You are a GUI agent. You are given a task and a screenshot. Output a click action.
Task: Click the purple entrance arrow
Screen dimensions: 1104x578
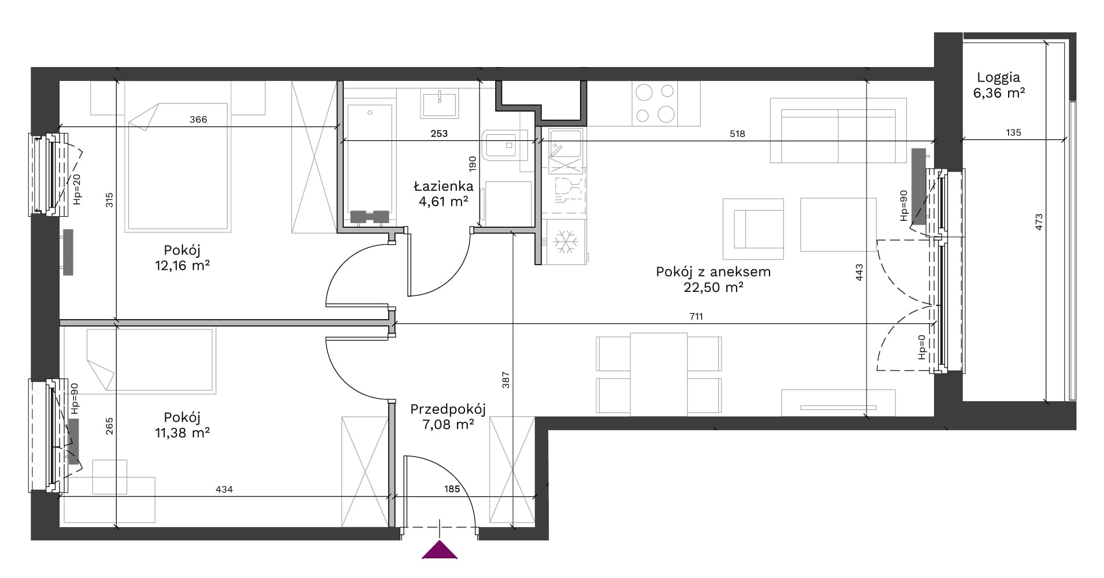pos(440,551)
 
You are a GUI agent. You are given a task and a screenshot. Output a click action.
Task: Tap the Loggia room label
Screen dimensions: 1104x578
pos(999,85)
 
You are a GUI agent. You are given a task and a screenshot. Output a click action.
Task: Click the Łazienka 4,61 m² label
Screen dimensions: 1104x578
pos(443,194)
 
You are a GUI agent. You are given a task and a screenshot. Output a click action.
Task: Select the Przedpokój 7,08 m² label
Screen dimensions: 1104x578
pos(448,417)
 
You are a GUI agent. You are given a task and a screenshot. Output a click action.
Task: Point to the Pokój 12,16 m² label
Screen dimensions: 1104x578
pos(182,258)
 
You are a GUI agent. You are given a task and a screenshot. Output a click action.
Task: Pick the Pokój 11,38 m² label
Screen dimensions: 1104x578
pos(182,425)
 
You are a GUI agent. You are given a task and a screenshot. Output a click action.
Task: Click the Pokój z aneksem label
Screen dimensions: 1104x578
pos(713,279)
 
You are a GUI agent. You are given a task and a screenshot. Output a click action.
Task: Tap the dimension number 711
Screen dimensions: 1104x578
pos(696,316)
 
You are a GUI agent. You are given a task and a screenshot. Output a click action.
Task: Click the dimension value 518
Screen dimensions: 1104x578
pos(737,134)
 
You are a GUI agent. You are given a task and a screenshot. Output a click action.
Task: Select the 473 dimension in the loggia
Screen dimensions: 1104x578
pos(1039,223)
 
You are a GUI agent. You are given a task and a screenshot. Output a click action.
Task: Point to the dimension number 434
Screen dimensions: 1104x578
pos(224,489)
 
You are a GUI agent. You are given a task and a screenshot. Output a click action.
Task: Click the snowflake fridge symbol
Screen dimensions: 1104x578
pos(566,242)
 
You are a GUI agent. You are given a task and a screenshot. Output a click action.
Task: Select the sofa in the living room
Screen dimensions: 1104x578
pos(838,130)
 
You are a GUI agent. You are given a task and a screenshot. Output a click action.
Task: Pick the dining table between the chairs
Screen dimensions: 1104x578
pos(659,374)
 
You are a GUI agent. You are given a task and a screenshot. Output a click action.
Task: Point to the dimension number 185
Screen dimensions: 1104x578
pos(452,489)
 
